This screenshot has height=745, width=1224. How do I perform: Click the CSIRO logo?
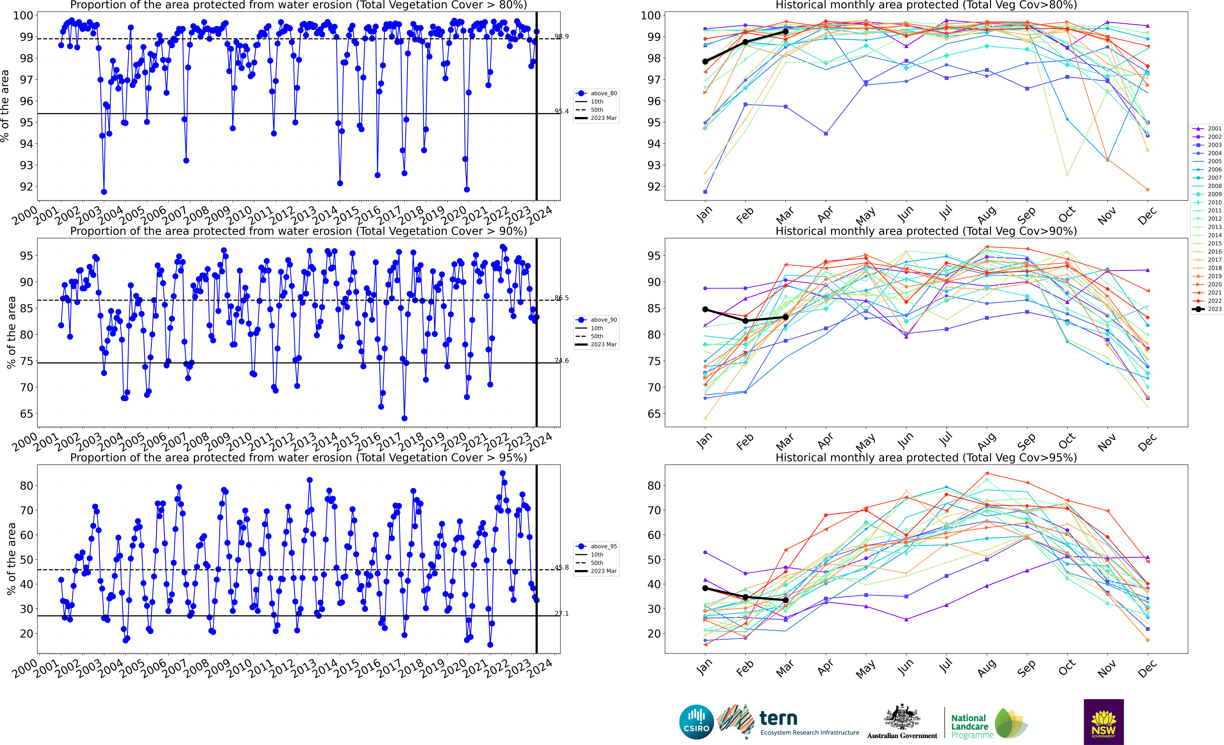[696, 722]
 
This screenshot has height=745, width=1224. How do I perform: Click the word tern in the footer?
[778, 718]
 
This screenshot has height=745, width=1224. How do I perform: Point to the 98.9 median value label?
[562, 37]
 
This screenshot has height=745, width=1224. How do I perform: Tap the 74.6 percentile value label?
[562, 361]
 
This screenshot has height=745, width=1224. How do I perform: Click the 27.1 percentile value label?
[562, 614]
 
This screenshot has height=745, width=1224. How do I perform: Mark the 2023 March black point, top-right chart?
[785, 32]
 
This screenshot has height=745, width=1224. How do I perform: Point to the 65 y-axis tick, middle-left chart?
[26, 414]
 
